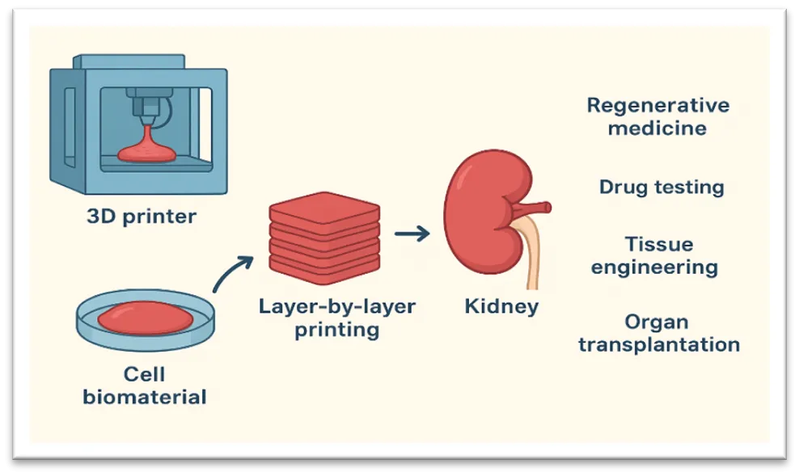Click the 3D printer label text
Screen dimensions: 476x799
141,217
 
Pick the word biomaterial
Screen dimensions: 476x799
145,397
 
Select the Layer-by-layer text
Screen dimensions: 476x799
337,307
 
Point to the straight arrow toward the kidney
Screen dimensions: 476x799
412,234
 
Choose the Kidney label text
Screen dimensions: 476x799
501,307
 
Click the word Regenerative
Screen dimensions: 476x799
658,106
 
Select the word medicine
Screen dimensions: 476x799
658,128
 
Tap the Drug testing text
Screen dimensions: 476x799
662,187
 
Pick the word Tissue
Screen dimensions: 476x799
659,244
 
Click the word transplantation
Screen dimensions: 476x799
660,344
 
